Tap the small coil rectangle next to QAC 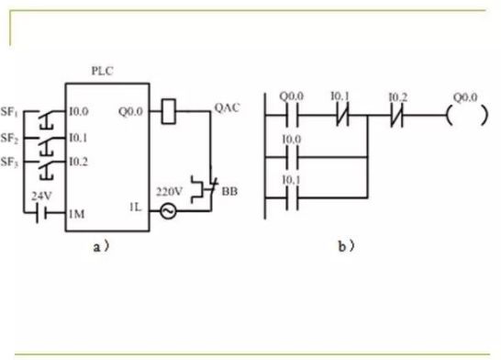[x=170, y=111]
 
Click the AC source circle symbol [x=168, y=210]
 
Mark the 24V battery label [x=41, y=196]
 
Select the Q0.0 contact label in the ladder [x=289, y=96]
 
